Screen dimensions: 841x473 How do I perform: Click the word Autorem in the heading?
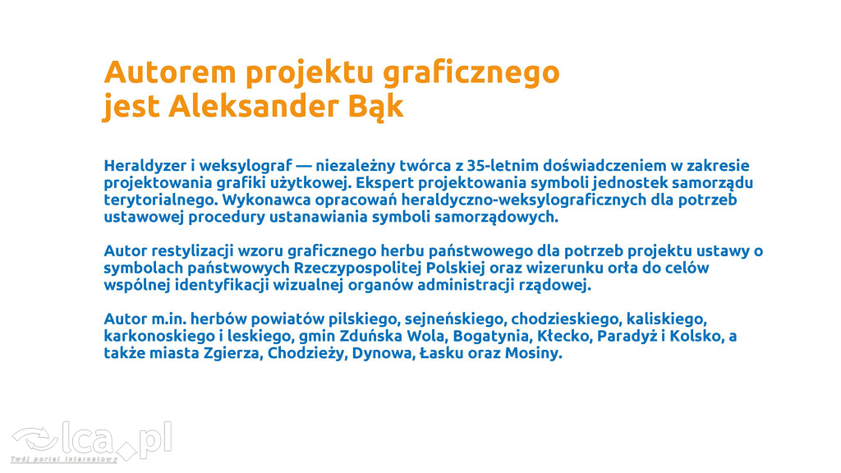click(170, 72)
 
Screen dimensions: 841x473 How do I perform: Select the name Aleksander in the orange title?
click(254, 106)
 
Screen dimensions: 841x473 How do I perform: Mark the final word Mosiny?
click(534, 354)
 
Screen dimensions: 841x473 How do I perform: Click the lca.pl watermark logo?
click(92, 442)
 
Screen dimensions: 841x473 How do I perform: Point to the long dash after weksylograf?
click(304, 166)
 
